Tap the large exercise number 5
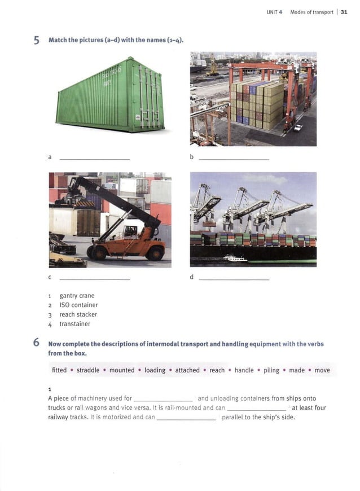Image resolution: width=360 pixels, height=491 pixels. (37, 40)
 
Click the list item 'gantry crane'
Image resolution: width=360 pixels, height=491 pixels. (77, 296)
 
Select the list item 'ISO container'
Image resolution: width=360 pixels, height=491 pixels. (78, 305)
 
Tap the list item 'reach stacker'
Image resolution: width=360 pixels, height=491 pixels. (78, 314)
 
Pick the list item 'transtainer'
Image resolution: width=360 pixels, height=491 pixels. (74, 324)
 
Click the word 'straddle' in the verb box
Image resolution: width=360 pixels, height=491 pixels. (88, 370)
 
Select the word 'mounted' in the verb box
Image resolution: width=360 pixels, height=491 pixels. (122, 370)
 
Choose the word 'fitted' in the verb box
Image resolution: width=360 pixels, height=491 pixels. (59, 370)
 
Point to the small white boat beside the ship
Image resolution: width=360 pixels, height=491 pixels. (235, 259)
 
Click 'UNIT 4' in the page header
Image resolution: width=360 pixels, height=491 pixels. (274, 12)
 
